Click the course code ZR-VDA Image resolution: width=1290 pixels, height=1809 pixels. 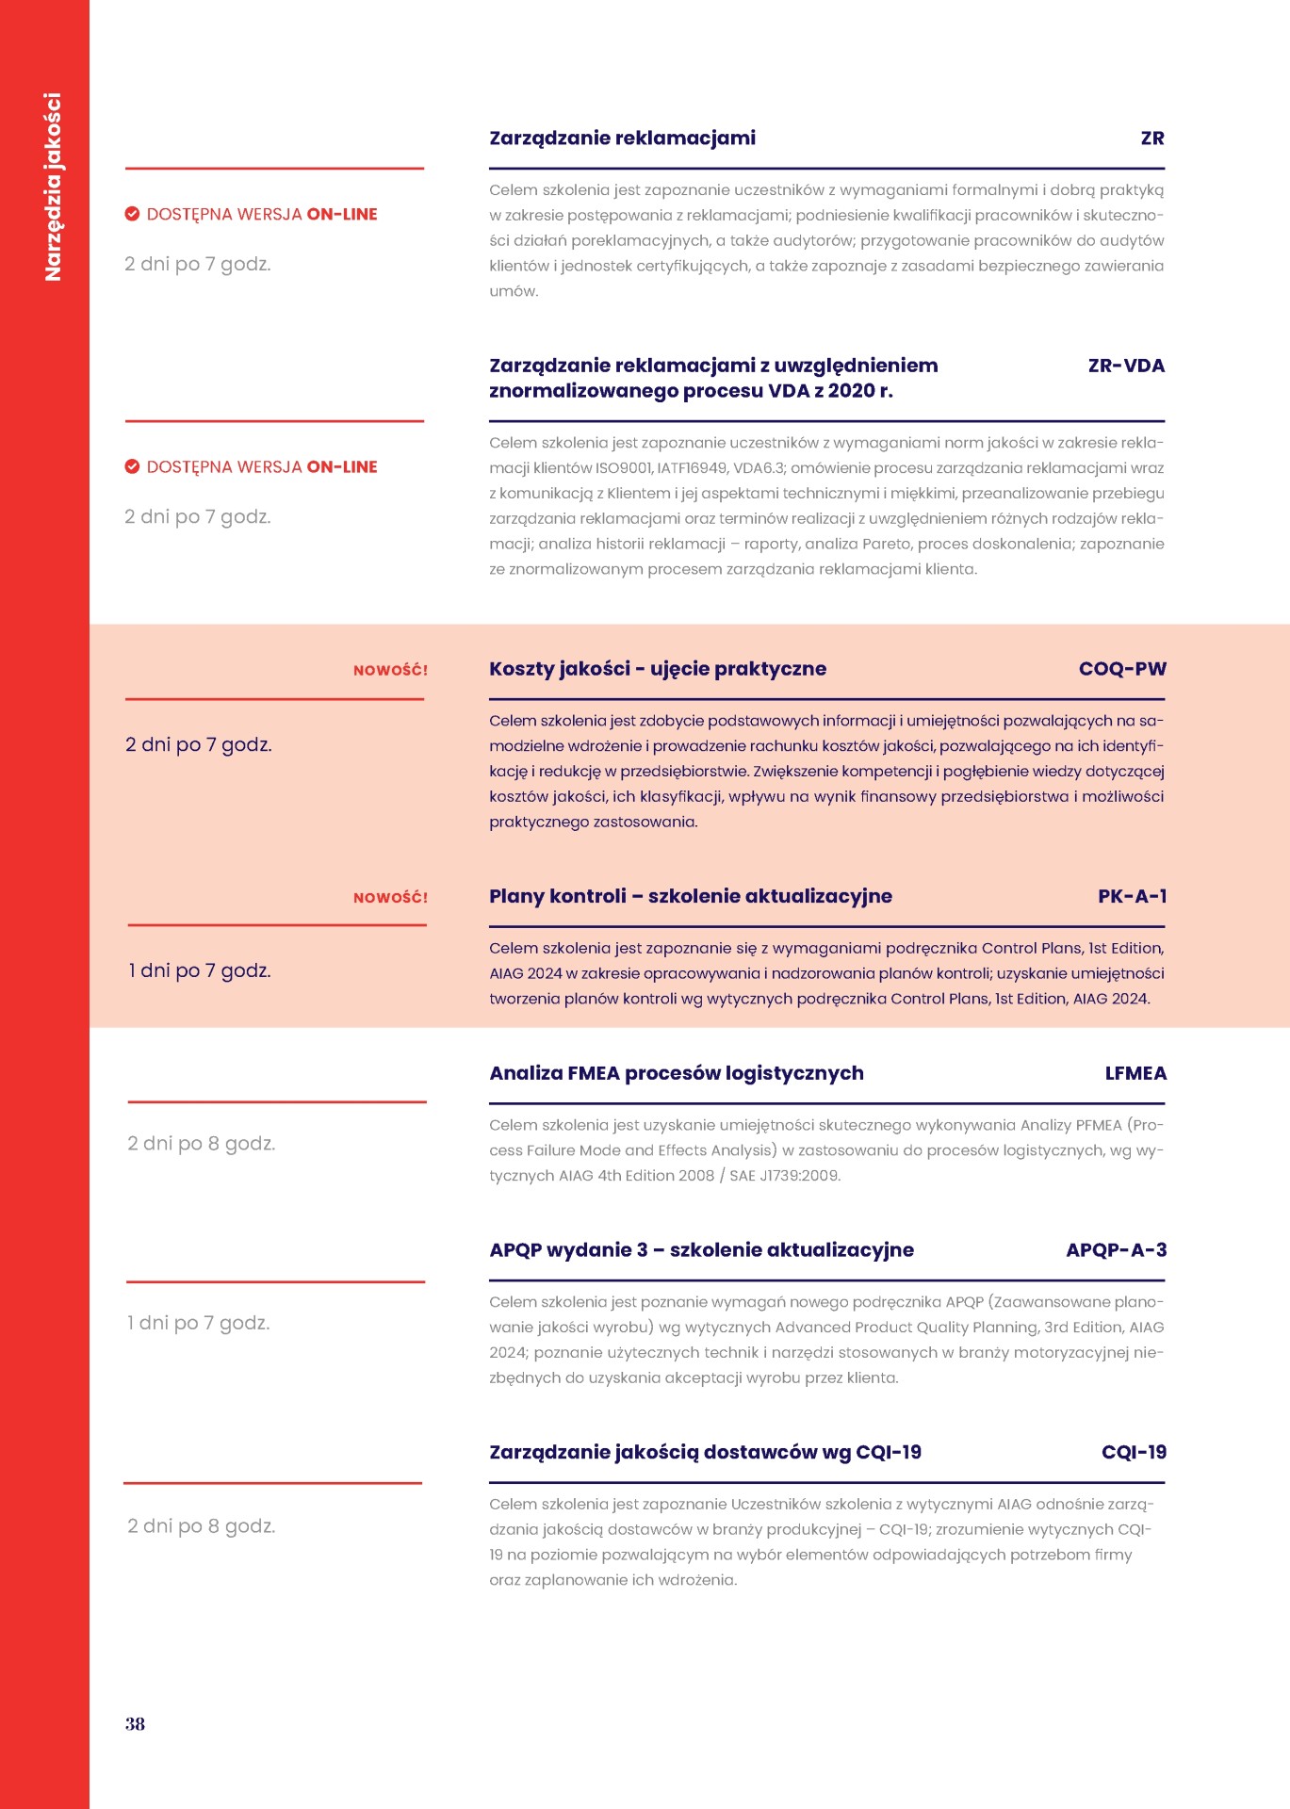point(1125,366)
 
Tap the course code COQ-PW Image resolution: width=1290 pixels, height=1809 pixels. point(1121,669)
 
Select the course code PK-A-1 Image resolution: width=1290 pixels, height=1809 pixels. point(1131,896)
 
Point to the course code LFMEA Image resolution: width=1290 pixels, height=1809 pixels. point(1135,1073)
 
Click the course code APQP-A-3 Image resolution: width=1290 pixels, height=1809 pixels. point(1116,1250)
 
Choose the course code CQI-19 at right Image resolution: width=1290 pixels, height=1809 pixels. point(1133,1452)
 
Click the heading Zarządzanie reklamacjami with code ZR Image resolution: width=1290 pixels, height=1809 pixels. point(622,139)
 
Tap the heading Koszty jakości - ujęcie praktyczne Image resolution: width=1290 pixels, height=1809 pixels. point(657,669)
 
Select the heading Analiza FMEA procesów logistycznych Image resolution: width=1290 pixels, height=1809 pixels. point(676,1073)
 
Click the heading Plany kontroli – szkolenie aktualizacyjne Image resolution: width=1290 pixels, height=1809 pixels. point(690,896)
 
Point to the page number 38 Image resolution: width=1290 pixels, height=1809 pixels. point(135,1723)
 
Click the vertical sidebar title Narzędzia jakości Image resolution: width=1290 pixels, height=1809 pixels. point(53,187)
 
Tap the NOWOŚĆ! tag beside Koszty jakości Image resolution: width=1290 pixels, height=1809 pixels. point(390,671)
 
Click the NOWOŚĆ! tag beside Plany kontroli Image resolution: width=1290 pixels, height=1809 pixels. point(390,898)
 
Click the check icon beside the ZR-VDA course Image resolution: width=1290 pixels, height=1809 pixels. point(133,466)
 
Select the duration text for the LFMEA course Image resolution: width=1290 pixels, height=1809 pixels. point(201,1144)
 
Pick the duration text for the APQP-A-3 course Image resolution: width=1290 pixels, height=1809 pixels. point(198,1323)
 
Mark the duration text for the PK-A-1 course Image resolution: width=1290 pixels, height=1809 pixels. point(199,970)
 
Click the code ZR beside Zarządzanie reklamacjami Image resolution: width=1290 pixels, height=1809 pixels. point(1151,139)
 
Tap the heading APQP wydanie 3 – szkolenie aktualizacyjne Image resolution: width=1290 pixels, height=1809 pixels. point(701,1250)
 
